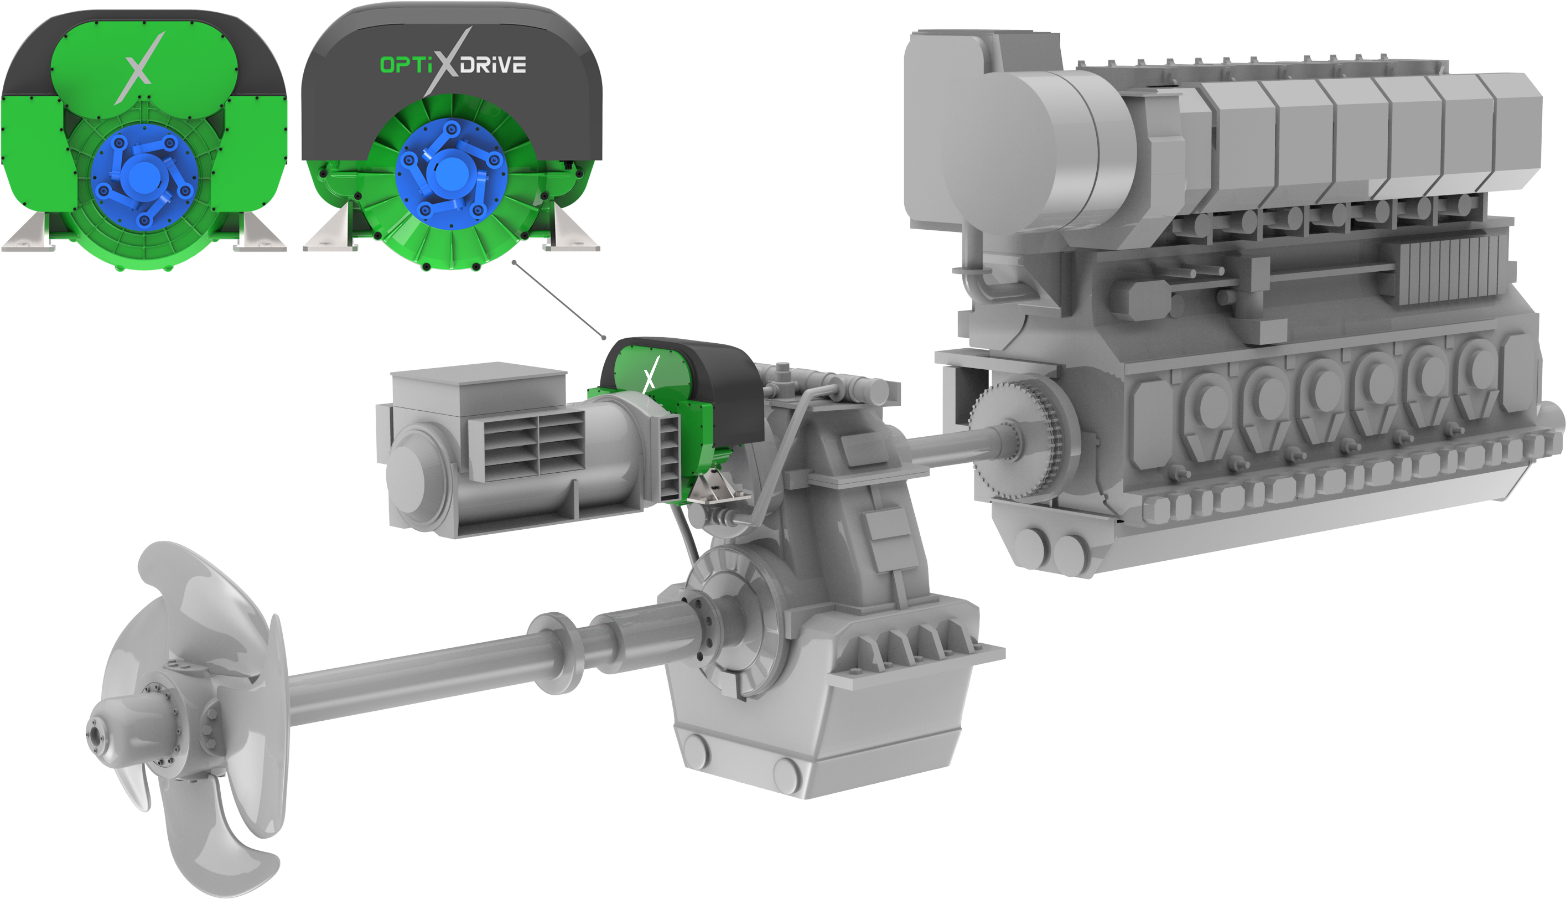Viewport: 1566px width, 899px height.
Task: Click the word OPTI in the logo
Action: (x=405, y=65)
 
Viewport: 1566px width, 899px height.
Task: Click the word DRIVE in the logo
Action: (x=492, y=65)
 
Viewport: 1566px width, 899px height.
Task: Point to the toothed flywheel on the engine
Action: (x=1018, y=440)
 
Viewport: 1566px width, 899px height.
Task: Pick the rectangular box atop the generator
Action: (x=478, y=386)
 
